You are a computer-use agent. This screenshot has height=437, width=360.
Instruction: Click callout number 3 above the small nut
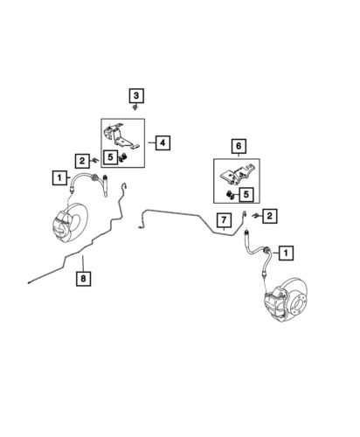[x=136, y=95]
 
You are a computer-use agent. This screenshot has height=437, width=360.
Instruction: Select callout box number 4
[x=163, y=142]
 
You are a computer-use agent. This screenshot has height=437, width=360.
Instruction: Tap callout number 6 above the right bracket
[x=239, y=146]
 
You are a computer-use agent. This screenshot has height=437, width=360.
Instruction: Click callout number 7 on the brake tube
[x=224, y=220]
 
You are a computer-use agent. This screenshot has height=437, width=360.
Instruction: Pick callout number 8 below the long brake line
[x=83, y=279]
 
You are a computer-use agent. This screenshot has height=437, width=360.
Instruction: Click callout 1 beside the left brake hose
[x=59, y=177]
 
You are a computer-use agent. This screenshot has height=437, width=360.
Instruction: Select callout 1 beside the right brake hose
[x=286, y=253]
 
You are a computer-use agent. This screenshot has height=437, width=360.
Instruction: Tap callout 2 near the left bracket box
[x=82, y=161]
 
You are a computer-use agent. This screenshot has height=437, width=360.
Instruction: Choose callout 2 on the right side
[x=269, y=216]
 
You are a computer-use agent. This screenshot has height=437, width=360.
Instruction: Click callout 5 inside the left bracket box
[x=110, y=157]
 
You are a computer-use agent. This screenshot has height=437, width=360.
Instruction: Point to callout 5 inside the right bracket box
[x=246, y=194]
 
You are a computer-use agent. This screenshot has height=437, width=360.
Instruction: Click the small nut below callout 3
[x=135, y=108]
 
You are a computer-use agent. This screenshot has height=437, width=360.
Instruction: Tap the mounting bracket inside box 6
[x=237, y=175]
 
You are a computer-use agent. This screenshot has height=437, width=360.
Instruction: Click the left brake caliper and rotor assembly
[x=70, y=222]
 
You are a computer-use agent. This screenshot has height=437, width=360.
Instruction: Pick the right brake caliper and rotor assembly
[x=286, y=300]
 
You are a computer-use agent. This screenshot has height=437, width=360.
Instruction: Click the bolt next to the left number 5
[x=123, y=157]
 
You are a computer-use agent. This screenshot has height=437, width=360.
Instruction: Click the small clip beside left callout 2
[x=95, y=160]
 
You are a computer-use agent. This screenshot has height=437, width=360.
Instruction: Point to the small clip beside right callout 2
[x=254, y=216]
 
